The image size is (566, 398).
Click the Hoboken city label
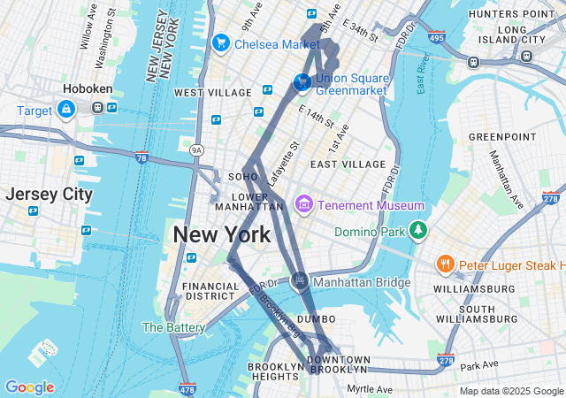coord(86,88)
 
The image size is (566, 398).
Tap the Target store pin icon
coord(65,109)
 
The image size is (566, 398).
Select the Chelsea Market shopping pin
coord(221,42)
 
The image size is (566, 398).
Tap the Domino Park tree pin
coord(417,232)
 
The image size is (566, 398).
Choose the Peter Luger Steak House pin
coord(446,264)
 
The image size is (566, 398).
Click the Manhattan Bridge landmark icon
coord(301,281)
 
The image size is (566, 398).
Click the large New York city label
coord(222,235)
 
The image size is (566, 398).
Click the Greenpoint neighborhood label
coord(502,137)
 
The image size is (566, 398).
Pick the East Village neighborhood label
coord(348,165)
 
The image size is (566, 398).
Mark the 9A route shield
coord(196,151)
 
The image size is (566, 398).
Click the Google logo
coord(29,387)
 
